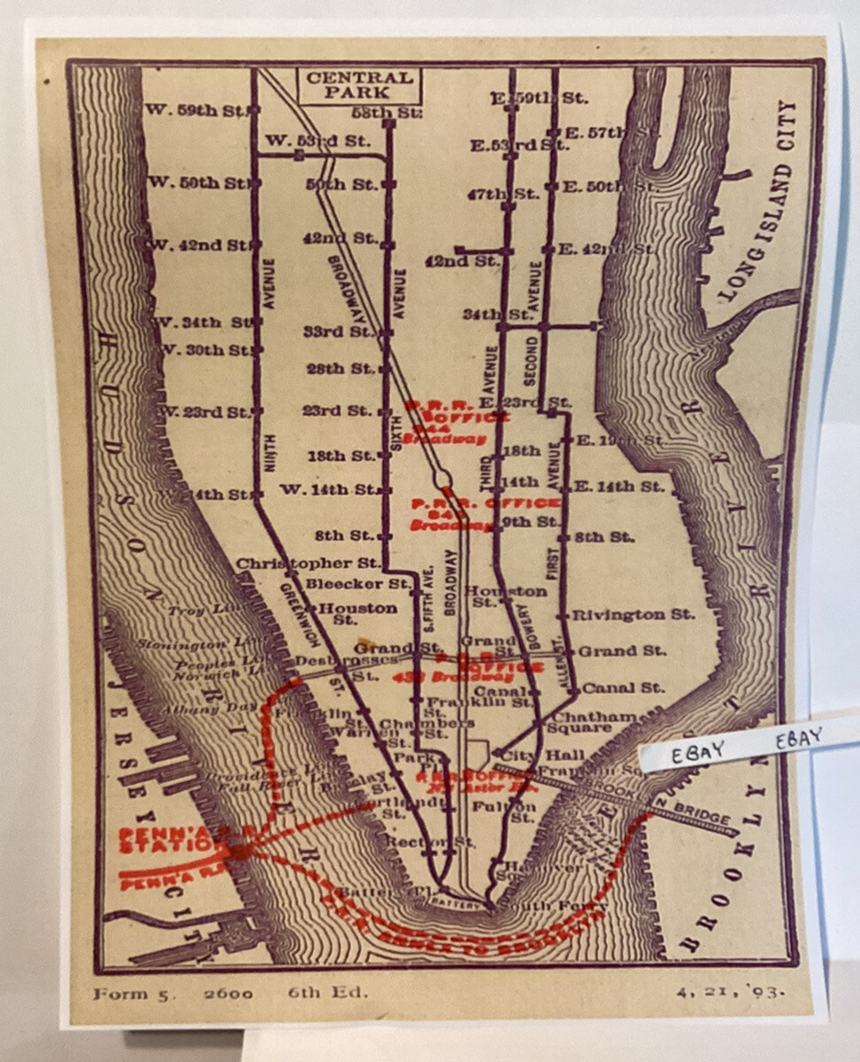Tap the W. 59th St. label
[196, 112]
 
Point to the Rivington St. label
[633, 614]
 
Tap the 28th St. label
[339, 368]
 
